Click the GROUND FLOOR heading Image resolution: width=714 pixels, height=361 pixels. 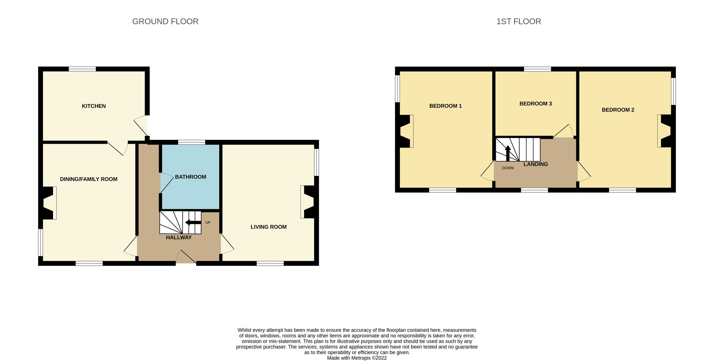[x=165, y=21]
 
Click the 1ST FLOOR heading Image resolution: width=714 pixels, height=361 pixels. [x=519, y=21]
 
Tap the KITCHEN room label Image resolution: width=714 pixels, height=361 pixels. [x=94, y=106]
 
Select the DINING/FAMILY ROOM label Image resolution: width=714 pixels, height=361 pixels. [x=89, y=179]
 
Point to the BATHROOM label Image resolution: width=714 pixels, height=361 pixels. [x=190, y=177]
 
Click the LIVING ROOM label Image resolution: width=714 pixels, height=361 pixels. [x=268, y=227]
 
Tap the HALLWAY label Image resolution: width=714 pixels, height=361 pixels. [x=178, y=237]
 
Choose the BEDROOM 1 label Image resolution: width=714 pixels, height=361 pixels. [x=445, y=106]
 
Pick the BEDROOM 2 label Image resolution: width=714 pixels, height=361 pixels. [x=618, y=110]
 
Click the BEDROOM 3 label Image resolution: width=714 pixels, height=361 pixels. [x=535, y=104]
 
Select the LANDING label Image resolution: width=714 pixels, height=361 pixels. [x=535, y=164]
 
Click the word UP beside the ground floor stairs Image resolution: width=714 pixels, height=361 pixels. [x=208, y=223]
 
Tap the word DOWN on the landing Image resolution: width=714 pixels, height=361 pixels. [x=508, y=168]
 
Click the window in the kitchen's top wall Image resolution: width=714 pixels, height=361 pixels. [x=82, y=69]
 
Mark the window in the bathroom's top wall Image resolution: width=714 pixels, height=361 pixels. [x=192, y=142]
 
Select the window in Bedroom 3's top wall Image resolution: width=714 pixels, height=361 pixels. [x=537, y=69]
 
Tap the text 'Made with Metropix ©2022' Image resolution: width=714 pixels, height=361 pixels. [x=357, y=358]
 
